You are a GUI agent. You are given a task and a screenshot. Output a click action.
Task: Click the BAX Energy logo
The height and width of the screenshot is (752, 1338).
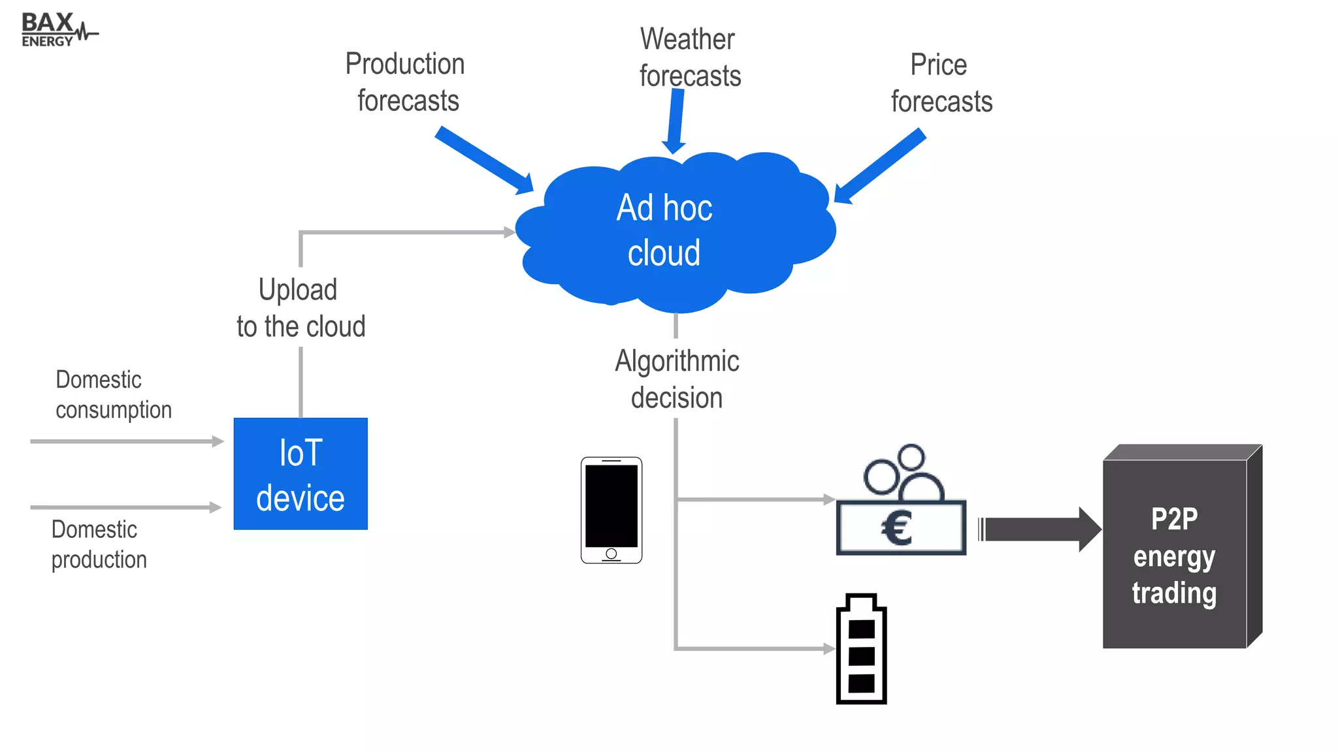pos(57,30)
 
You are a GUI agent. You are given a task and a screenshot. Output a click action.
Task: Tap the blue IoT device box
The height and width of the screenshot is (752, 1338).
pos(301,474)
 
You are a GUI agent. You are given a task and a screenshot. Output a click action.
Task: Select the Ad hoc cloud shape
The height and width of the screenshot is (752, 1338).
pos(673,232)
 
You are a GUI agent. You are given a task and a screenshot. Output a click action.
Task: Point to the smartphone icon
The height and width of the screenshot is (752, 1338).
pos(612,510)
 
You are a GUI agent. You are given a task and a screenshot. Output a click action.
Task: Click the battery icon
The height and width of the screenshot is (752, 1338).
pos(861,650)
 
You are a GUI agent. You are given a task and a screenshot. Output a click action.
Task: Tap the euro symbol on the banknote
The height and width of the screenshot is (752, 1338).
pos(897,529)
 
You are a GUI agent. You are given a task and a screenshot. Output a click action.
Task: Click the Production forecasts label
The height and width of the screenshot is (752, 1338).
pos(406,82)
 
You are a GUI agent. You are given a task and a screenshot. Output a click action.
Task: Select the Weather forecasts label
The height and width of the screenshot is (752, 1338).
pos(689,57)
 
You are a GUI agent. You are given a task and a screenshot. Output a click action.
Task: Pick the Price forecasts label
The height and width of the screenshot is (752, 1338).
pos(941,83)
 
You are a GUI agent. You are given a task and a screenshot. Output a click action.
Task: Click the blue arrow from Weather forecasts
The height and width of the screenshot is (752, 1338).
pos(675,121)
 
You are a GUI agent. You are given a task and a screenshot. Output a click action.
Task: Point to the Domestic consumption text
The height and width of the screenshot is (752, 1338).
pos(112,395)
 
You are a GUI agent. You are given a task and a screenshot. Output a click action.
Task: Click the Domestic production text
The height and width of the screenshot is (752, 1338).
pos(99,544)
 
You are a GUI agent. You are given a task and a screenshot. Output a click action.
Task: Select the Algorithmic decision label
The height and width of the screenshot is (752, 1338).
pos(677,379)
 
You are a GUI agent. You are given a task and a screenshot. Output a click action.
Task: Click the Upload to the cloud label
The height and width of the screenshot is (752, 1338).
pos(301,308)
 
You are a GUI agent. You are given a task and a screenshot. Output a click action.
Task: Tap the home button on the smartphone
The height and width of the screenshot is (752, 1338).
pos(612,554)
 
